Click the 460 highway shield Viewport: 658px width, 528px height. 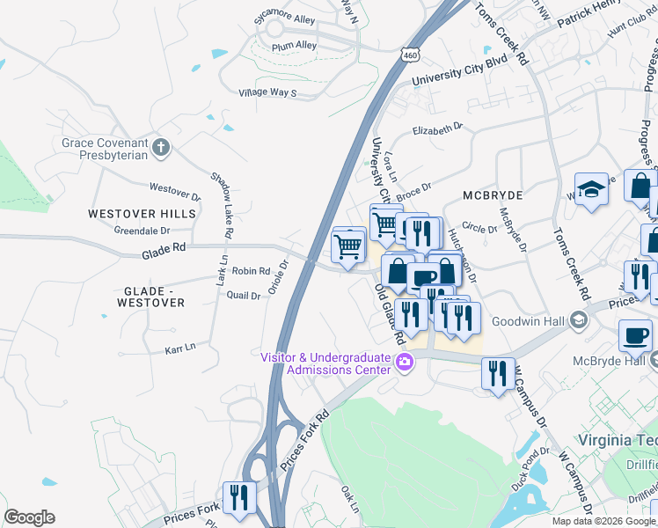[410, 55]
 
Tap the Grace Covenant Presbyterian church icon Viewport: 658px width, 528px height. [160, 148]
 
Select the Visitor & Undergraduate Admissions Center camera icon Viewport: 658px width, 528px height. [406, 362]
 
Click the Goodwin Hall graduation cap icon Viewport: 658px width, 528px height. [578, 319]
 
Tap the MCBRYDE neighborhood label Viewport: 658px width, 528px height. [493, 194]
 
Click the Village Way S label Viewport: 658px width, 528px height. [268, 92]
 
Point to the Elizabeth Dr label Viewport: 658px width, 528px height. [437, 130]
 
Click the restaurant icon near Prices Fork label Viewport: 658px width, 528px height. [238, 497]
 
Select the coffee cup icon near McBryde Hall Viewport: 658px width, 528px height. [635, 335]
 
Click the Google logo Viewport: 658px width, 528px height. [29, 517]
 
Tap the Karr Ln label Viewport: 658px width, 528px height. [179, 349]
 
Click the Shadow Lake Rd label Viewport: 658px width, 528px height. [220, 205]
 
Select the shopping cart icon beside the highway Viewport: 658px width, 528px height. [349, 246]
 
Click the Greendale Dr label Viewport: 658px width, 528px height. [142, 231]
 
